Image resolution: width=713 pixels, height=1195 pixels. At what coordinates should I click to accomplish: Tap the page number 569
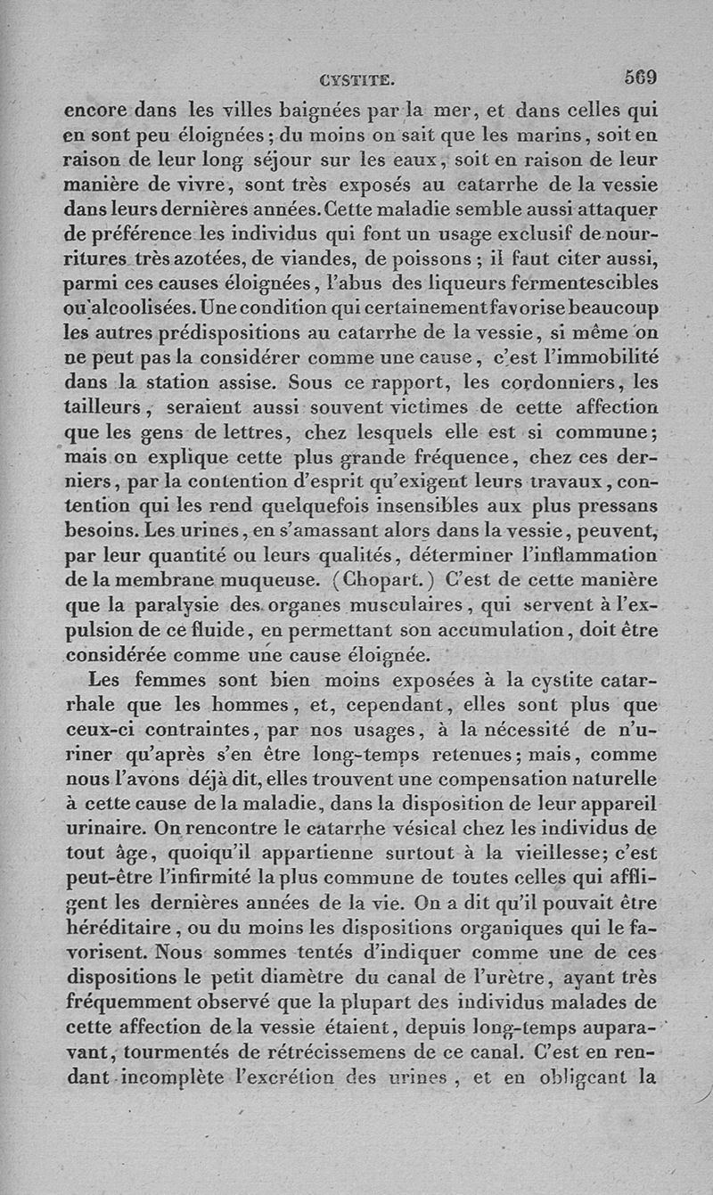click(x=641, y=78)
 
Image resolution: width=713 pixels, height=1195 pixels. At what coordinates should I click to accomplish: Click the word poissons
click(x=431, y=260)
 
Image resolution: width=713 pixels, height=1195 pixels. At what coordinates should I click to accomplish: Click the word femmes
click(x=152, y=680)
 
